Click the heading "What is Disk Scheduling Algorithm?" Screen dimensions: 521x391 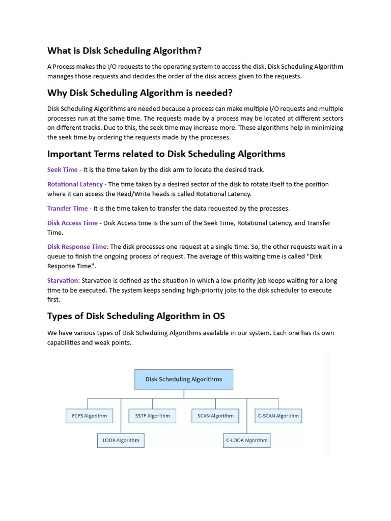(124, 50)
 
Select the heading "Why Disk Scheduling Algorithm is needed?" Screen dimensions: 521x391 (140, 93)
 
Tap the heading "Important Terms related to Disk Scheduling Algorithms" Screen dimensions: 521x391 (166, 154)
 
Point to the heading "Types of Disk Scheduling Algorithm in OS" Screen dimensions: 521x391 (136, 316)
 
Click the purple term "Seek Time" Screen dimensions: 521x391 (63, 169)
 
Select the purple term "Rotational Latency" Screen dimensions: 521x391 (75, 184)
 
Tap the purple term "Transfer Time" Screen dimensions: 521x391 (67, 208)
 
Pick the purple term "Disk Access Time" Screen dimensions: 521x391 (72, 223)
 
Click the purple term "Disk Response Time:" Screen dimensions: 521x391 (78, 247)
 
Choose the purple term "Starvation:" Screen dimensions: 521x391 (64, 280)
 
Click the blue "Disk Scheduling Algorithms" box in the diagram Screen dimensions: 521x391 (184, 380)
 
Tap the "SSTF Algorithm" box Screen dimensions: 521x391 (152, 416)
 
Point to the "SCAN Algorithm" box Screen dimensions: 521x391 (215, 416)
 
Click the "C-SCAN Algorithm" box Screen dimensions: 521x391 (278, 416)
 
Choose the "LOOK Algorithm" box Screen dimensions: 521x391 (121, 440)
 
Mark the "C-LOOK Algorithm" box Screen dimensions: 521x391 (246, 440)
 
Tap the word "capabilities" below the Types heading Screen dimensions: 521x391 (66, 342)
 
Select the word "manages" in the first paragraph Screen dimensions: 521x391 (61, 76)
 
